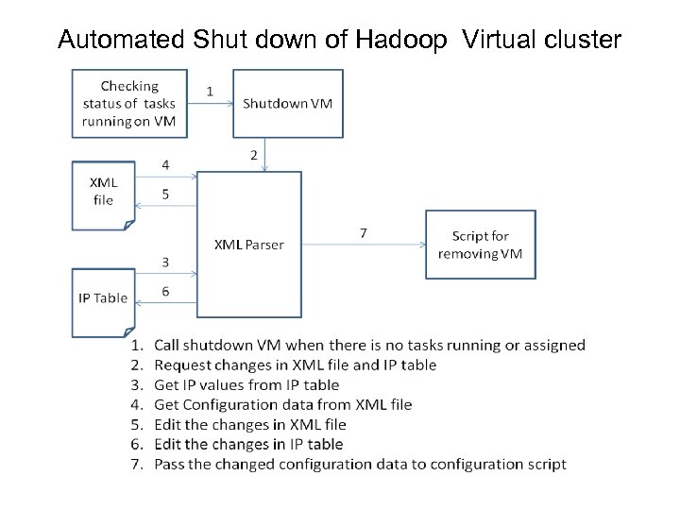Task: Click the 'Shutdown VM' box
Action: click(x=287, y=103)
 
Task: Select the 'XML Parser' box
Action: click(x=248, y=244)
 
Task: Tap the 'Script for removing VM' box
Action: click(x=480, y=245)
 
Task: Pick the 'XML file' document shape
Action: click(x=103, y=193)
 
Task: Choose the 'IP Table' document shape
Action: click(x=102, y=298)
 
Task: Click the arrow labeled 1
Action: click(x=210, y=104)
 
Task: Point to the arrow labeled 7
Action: click(x=364, y=244)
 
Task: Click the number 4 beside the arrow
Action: click(x=166, y=164)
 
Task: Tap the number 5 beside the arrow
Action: click(x=166, y=195)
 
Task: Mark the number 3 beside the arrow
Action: click(x=166, y=262)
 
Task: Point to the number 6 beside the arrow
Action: click(x=166, y=292)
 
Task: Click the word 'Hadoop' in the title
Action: click(x=403, y=40)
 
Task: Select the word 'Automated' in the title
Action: click(x=121, y=40)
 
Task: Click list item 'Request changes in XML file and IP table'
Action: click(x=295, y=365)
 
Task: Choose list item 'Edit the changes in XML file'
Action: click(x=250, y=424)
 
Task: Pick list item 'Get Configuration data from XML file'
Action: click(x=283, y=404)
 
